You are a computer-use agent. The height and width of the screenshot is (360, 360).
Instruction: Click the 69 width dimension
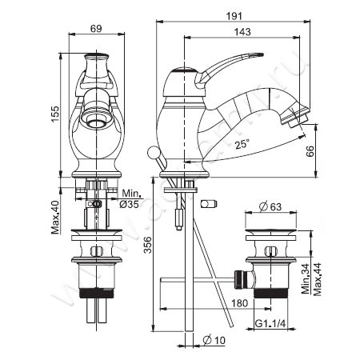pyautogui.click(x=95, y=30)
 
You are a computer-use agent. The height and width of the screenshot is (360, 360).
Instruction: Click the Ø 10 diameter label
pyautogui.click(x=212, y=342)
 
